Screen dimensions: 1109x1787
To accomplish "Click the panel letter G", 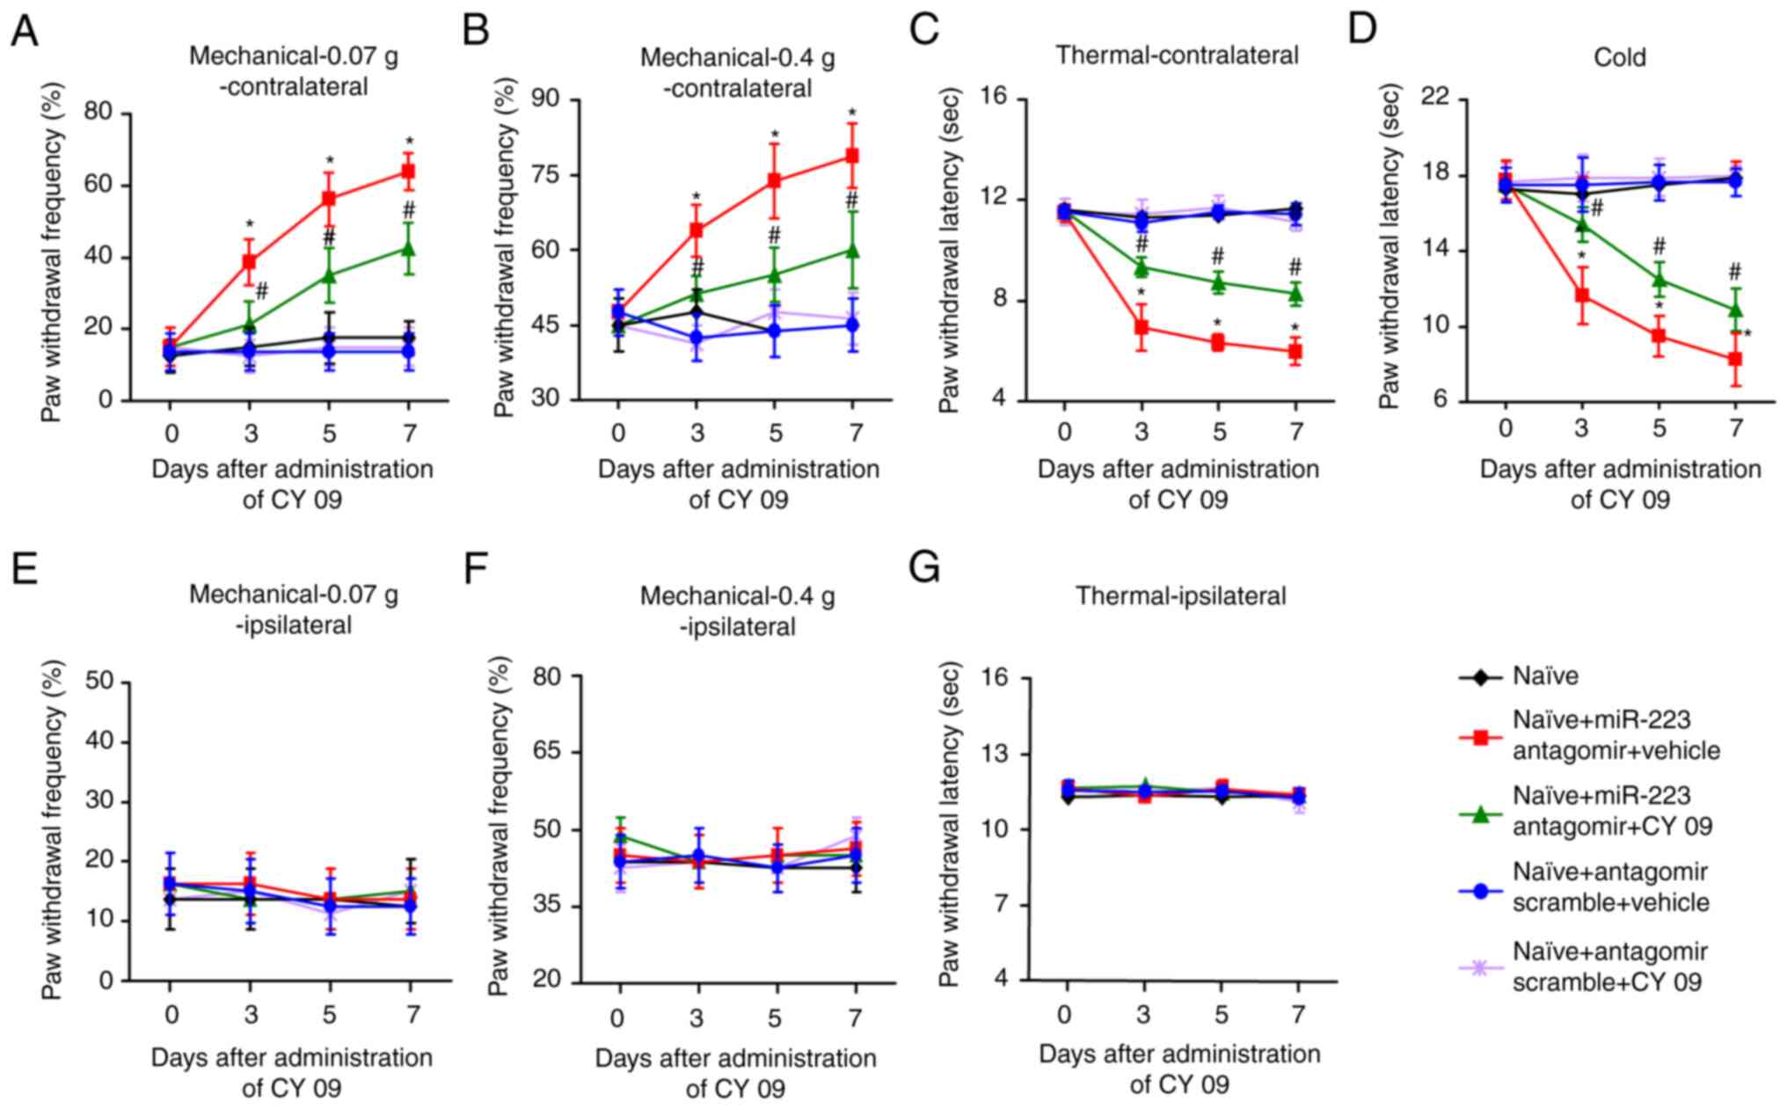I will pyautogui.click(x=925, y=569).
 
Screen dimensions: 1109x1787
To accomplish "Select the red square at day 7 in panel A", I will pyautogui.click(x=408, y=171).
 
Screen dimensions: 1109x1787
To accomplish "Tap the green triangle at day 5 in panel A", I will pyautogui.click(x=329, y=274).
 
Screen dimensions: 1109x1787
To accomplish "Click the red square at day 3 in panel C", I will pyautogui.click(x=1141, y=328).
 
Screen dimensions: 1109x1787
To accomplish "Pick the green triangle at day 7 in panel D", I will pyautogui.click(x=1735, y=310).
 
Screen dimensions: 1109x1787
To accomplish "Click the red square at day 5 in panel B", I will pyautogui.click(x=775, y=180).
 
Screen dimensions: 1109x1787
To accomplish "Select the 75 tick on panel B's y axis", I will pyautogui.click(x=550, y=174).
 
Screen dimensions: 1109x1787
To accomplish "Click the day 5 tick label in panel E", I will pyautogui.click(x=329, y=1015).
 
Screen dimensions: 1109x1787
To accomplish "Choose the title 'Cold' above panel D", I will pyautogui.click(x=1619, y=58).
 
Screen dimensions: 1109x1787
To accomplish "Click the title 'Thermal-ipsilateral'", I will pyautogui.click(x=1180, y=596).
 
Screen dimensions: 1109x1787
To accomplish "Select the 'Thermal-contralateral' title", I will pyautogui.click(x=1177, y=55).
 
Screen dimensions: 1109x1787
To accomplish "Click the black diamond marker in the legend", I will pyautogui.click(x=1480, y=677).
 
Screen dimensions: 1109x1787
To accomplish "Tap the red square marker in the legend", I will pyautogui.click(x=1480, y=737).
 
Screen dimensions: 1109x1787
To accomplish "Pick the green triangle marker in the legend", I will pyautogui.click(x=1480, y=814).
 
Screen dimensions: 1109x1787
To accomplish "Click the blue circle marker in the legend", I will pyautogui.click(x=1480, y=890).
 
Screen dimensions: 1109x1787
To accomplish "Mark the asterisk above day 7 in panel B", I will pyautogui.click(x=851, y=113).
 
